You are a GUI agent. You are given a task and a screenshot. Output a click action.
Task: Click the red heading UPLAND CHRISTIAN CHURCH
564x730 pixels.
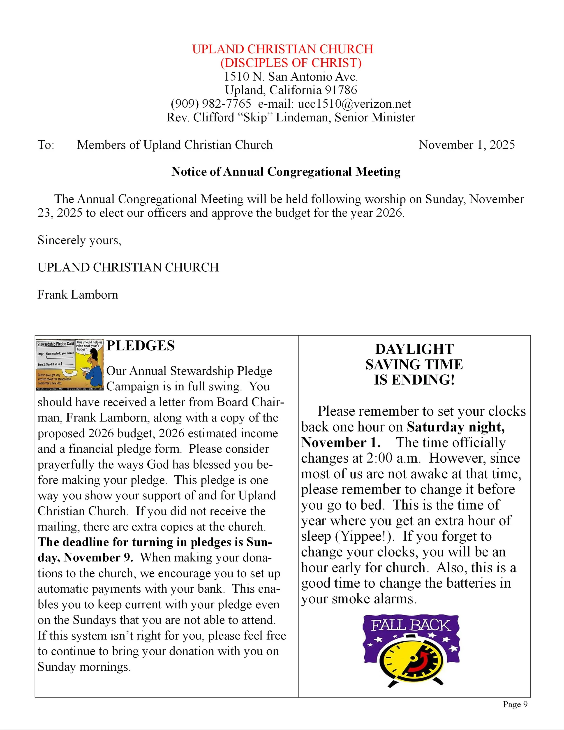click(x=282, y=49)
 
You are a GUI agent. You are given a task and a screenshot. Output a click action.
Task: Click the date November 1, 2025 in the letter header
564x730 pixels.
click(x=467, y=145)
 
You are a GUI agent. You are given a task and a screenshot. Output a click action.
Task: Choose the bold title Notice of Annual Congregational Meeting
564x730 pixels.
click(x=286, y=172)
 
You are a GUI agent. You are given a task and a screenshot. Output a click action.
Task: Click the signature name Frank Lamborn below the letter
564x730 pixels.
click(x=78, y=294)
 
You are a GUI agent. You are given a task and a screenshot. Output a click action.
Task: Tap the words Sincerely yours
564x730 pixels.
click(x=79, y=240)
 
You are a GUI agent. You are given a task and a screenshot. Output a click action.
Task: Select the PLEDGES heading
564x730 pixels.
click(x=140, y=346)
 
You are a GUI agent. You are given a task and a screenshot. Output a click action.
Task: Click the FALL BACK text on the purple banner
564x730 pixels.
click(x=411, y=625)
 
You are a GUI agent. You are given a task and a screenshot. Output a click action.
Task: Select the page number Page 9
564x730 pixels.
click(x=515, y=704)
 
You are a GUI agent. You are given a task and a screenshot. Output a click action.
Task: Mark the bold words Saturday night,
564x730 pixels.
click(x=456, y=427)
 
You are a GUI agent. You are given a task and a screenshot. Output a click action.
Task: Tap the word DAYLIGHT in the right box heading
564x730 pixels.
click(x=414, y=349)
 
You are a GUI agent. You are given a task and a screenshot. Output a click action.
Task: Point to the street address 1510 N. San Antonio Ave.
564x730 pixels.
click(x=290, y=76)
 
